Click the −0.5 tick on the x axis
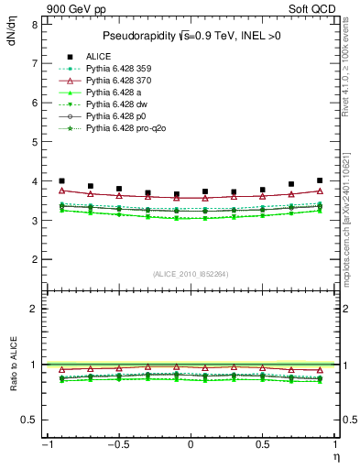pos(116,445)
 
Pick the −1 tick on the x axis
pos(45,445)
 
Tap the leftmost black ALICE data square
pos(61,181)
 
